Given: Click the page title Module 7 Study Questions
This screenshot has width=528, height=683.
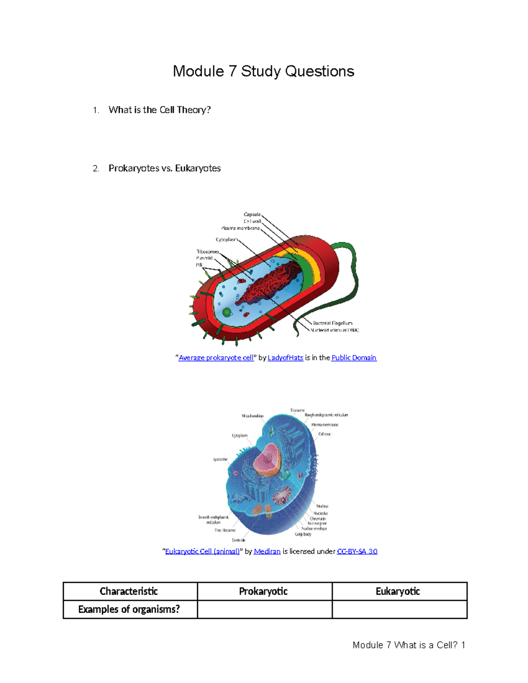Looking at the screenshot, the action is (x=263, y=71).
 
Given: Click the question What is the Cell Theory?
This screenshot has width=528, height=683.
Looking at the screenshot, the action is (x=159, y=110).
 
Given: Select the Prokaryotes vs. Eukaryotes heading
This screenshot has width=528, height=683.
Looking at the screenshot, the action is (x=165, y=168).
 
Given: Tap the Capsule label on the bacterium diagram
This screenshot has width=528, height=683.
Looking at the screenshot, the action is (x=252, y=215).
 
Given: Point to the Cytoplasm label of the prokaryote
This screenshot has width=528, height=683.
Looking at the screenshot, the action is (x=227, y=240).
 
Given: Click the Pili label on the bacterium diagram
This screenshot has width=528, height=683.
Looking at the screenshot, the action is (x=199, y=265).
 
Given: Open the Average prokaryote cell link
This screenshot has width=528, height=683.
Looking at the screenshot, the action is (x=216, y=358).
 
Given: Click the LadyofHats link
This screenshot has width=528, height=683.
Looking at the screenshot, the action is (x=285, y=358).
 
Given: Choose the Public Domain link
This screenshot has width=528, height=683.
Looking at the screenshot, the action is (x=354, y=358).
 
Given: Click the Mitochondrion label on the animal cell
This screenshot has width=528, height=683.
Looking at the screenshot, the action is (x=253, y=416).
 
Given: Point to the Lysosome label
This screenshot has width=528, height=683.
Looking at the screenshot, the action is (x=220, y=460).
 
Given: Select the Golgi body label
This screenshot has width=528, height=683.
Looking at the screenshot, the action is (x=303, y=534).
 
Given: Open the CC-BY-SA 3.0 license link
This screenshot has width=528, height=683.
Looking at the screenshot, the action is (x=357, y=552).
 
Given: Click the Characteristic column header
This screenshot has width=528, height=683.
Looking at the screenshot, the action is (x=129, y=592).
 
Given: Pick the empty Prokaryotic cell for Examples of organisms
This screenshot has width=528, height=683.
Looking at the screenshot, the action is (x=264, y=610).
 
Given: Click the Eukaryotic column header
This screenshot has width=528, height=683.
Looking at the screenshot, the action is (x=398, y=592).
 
